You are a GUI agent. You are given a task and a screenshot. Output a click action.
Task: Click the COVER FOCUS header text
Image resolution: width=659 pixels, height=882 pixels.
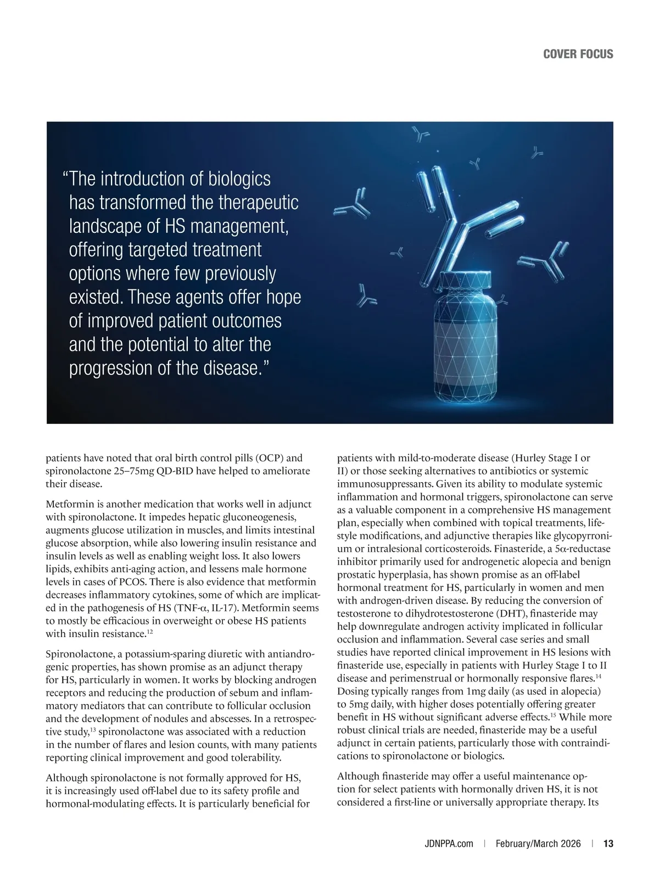tap(578, 54)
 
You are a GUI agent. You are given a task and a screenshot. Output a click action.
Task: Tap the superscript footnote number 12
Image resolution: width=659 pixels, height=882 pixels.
tap(149, 632)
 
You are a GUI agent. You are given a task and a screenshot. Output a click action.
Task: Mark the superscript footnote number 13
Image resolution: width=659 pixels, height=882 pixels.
tap(93, 729)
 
